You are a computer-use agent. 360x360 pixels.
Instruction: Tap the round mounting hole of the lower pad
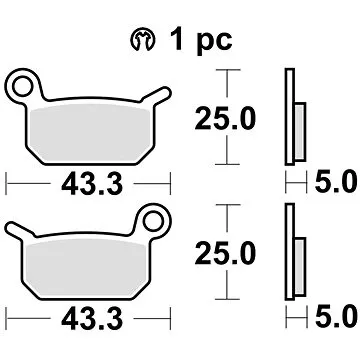click(x=154, y=216)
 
